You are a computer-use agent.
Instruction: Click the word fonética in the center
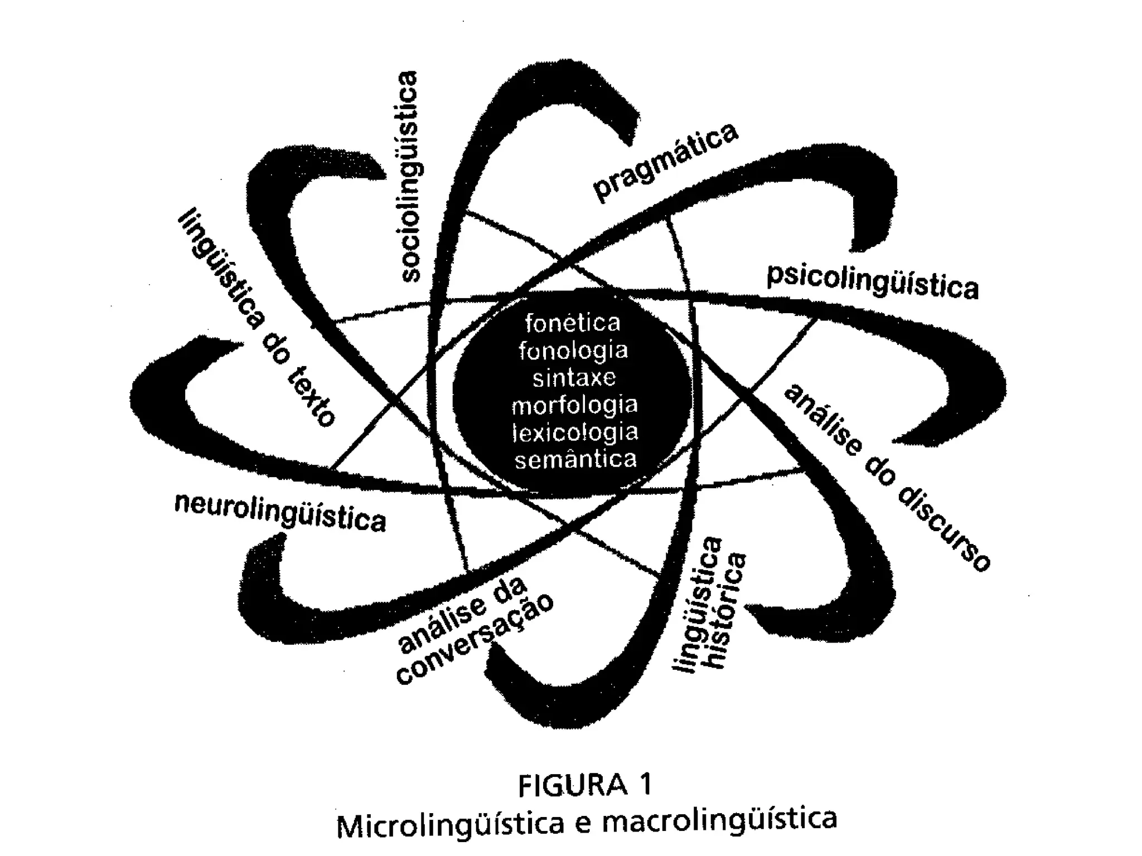[573, 323]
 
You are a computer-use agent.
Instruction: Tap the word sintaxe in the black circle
[574, 378]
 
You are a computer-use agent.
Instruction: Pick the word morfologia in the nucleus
[575, 405]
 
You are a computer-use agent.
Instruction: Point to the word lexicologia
[575, 433]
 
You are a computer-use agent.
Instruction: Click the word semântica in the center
[575, 460]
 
